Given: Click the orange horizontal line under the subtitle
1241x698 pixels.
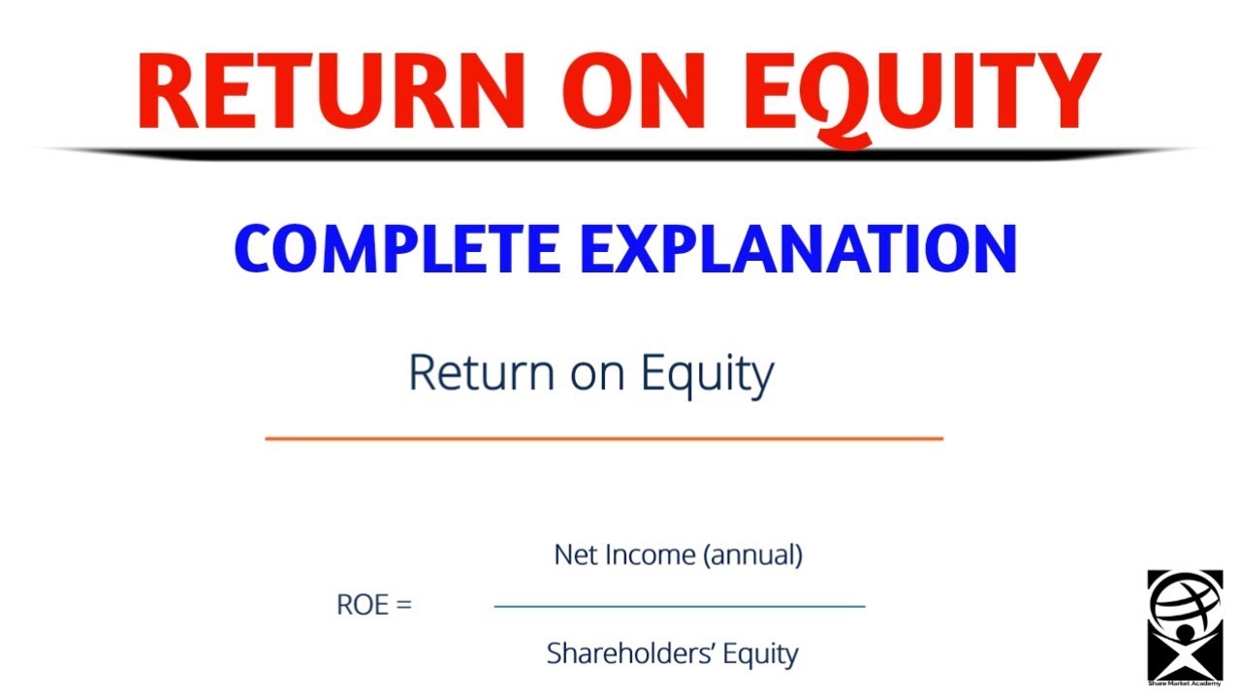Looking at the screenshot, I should point(603,439).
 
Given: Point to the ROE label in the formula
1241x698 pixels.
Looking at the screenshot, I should point(361,605).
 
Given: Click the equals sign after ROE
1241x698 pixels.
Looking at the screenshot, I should point(403,606).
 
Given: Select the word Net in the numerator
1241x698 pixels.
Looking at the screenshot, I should point(573,555).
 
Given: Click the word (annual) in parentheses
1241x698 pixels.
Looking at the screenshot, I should point(753,555).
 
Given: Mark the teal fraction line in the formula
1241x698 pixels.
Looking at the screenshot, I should point(679,607).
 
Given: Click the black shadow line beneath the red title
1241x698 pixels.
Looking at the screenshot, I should point(620,153).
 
